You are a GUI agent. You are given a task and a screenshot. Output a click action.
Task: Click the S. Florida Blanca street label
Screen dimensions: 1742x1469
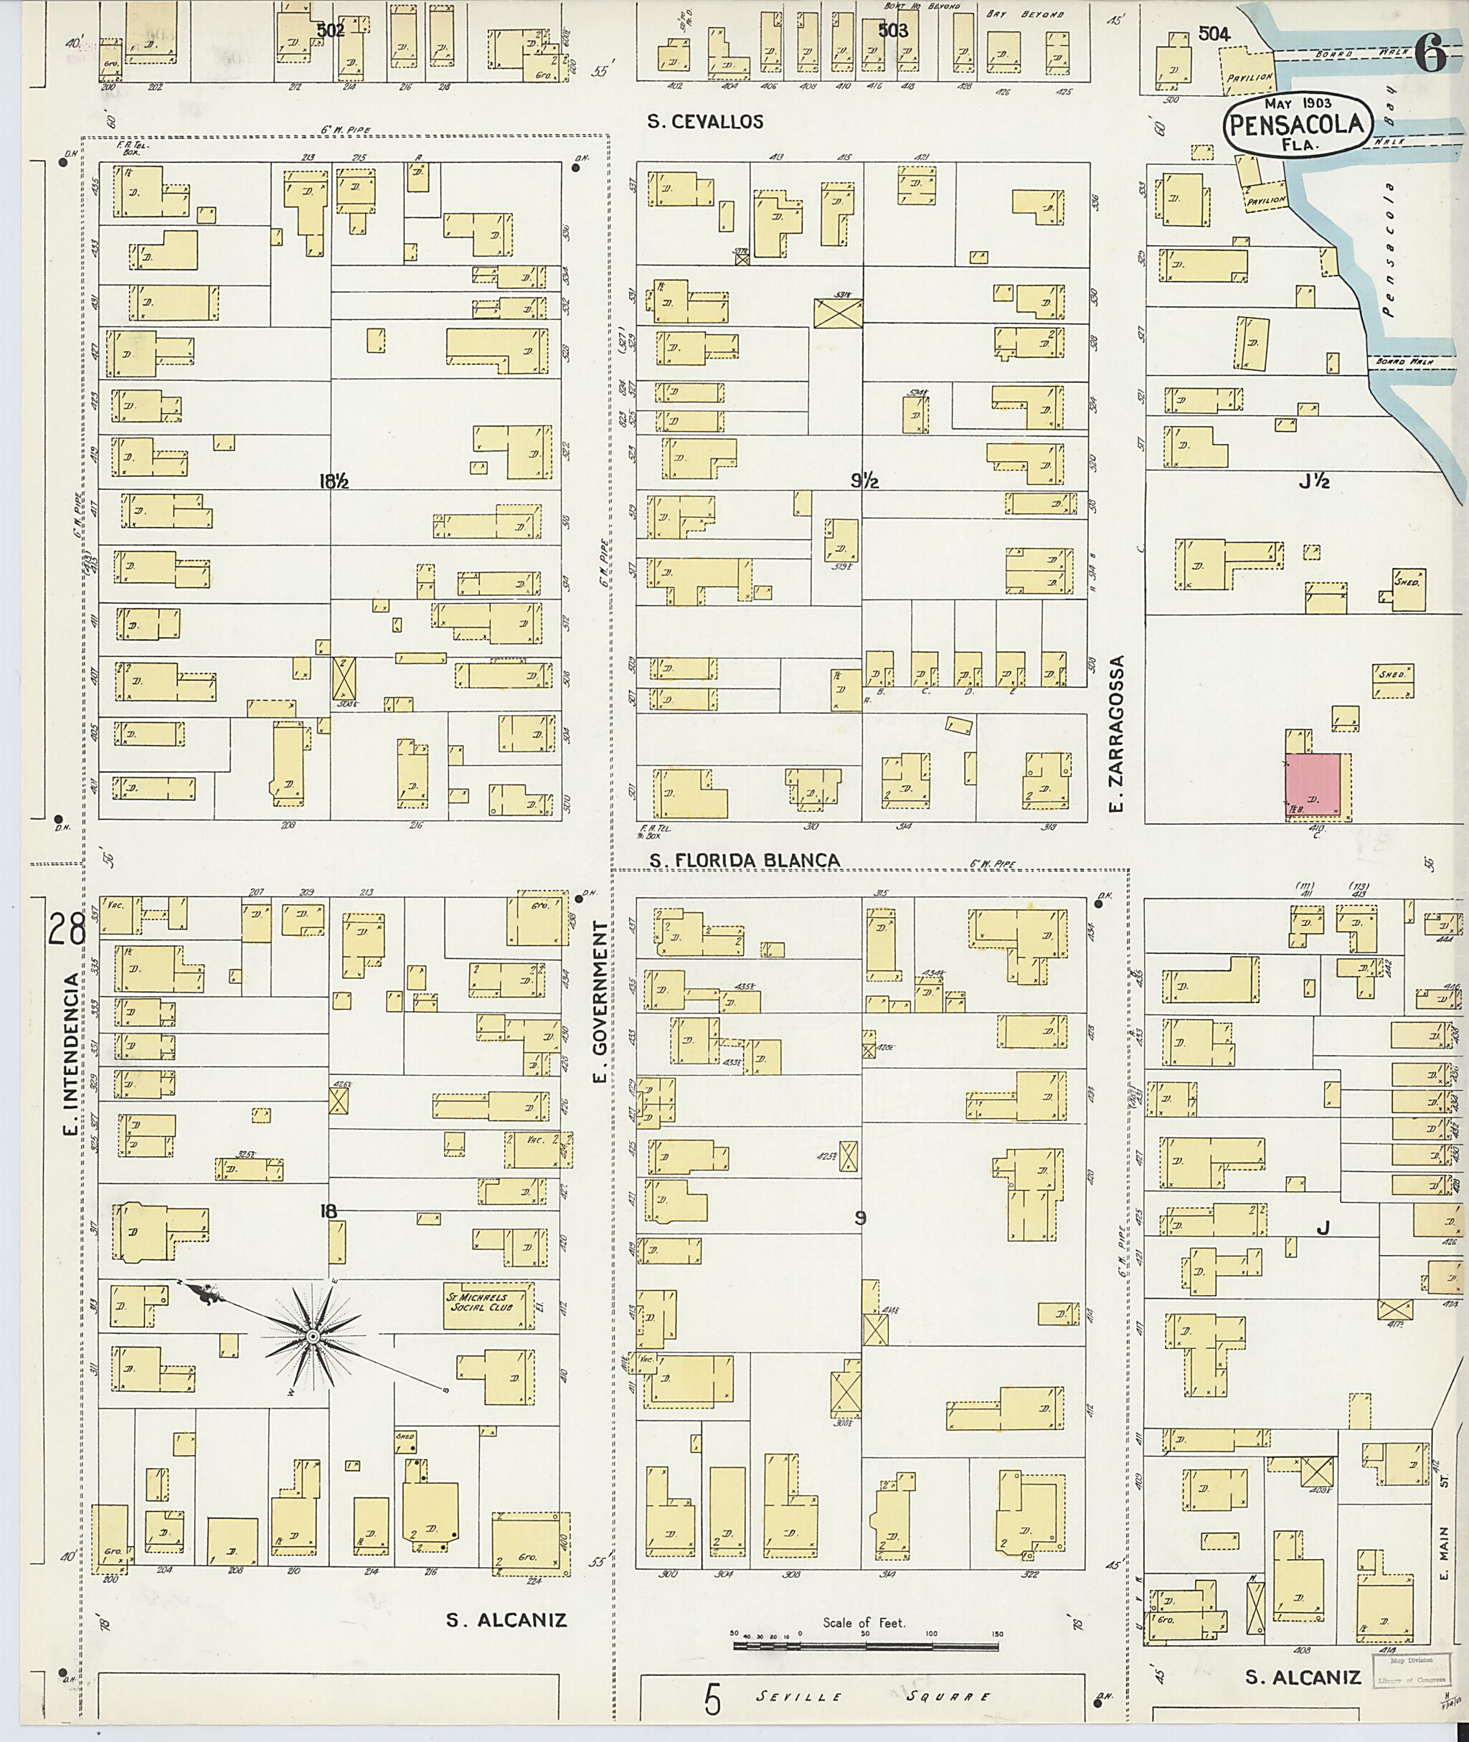[x=745, y=860]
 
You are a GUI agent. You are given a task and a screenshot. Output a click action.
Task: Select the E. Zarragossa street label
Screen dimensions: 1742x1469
[x=1118, y=734]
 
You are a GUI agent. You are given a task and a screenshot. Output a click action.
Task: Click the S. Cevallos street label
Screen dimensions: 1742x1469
[x=705, y=123]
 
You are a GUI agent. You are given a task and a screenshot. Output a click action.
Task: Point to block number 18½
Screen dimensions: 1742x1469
[x=332, y=481]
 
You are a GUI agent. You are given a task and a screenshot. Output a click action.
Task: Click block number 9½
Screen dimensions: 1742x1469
[x=865, y=481]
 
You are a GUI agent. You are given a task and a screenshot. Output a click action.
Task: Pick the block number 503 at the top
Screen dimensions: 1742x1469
[x=893, y=31]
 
